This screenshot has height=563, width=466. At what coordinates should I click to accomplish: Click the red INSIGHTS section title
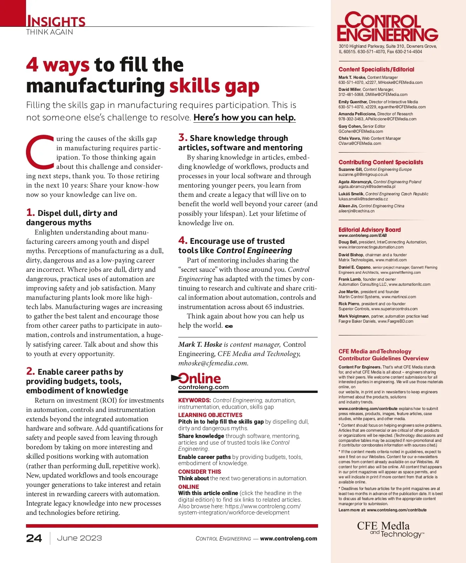coord(56,21)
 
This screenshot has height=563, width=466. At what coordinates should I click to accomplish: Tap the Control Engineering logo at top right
coord(387,26)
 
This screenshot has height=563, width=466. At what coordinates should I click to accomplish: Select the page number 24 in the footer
coord(34,538)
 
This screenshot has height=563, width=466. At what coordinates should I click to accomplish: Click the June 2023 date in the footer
coord(80,538)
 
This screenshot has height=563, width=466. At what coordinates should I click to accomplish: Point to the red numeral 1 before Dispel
coord(30,212)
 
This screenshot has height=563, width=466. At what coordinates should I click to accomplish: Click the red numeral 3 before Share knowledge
coord(183,137)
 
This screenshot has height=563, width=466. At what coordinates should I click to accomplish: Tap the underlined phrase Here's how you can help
coord(245,117)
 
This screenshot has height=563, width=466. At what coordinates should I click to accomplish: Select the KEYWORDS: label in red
coord(195,400)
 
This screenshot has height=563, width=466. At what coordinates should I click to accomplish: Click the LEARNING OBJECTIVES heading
coord(210,415)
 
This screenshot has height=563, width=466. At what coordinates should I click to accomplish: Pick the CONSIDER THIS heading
coord(200,472)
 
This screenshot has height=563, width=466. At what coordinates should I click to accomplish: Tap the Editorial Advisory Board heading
coord(370,230)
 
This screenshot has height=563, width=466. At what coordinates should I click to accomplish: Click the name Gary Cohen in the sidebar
coord(350,126)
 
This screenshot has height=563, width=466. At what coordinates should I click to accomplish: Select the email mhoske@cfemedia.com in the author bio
coord(213,363)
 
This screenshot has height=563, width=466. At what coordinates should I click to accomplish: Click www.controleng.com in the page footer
coord(289,539)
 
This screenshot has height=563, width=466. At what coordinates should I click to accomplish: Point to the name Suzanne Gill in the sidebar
coord(350,169)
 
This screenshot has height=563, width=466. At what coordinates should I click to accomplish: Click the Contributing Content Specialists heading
coord(381,162)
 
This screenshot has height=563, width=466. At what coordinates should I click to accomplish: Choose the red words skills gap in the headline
coord(214,86)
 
